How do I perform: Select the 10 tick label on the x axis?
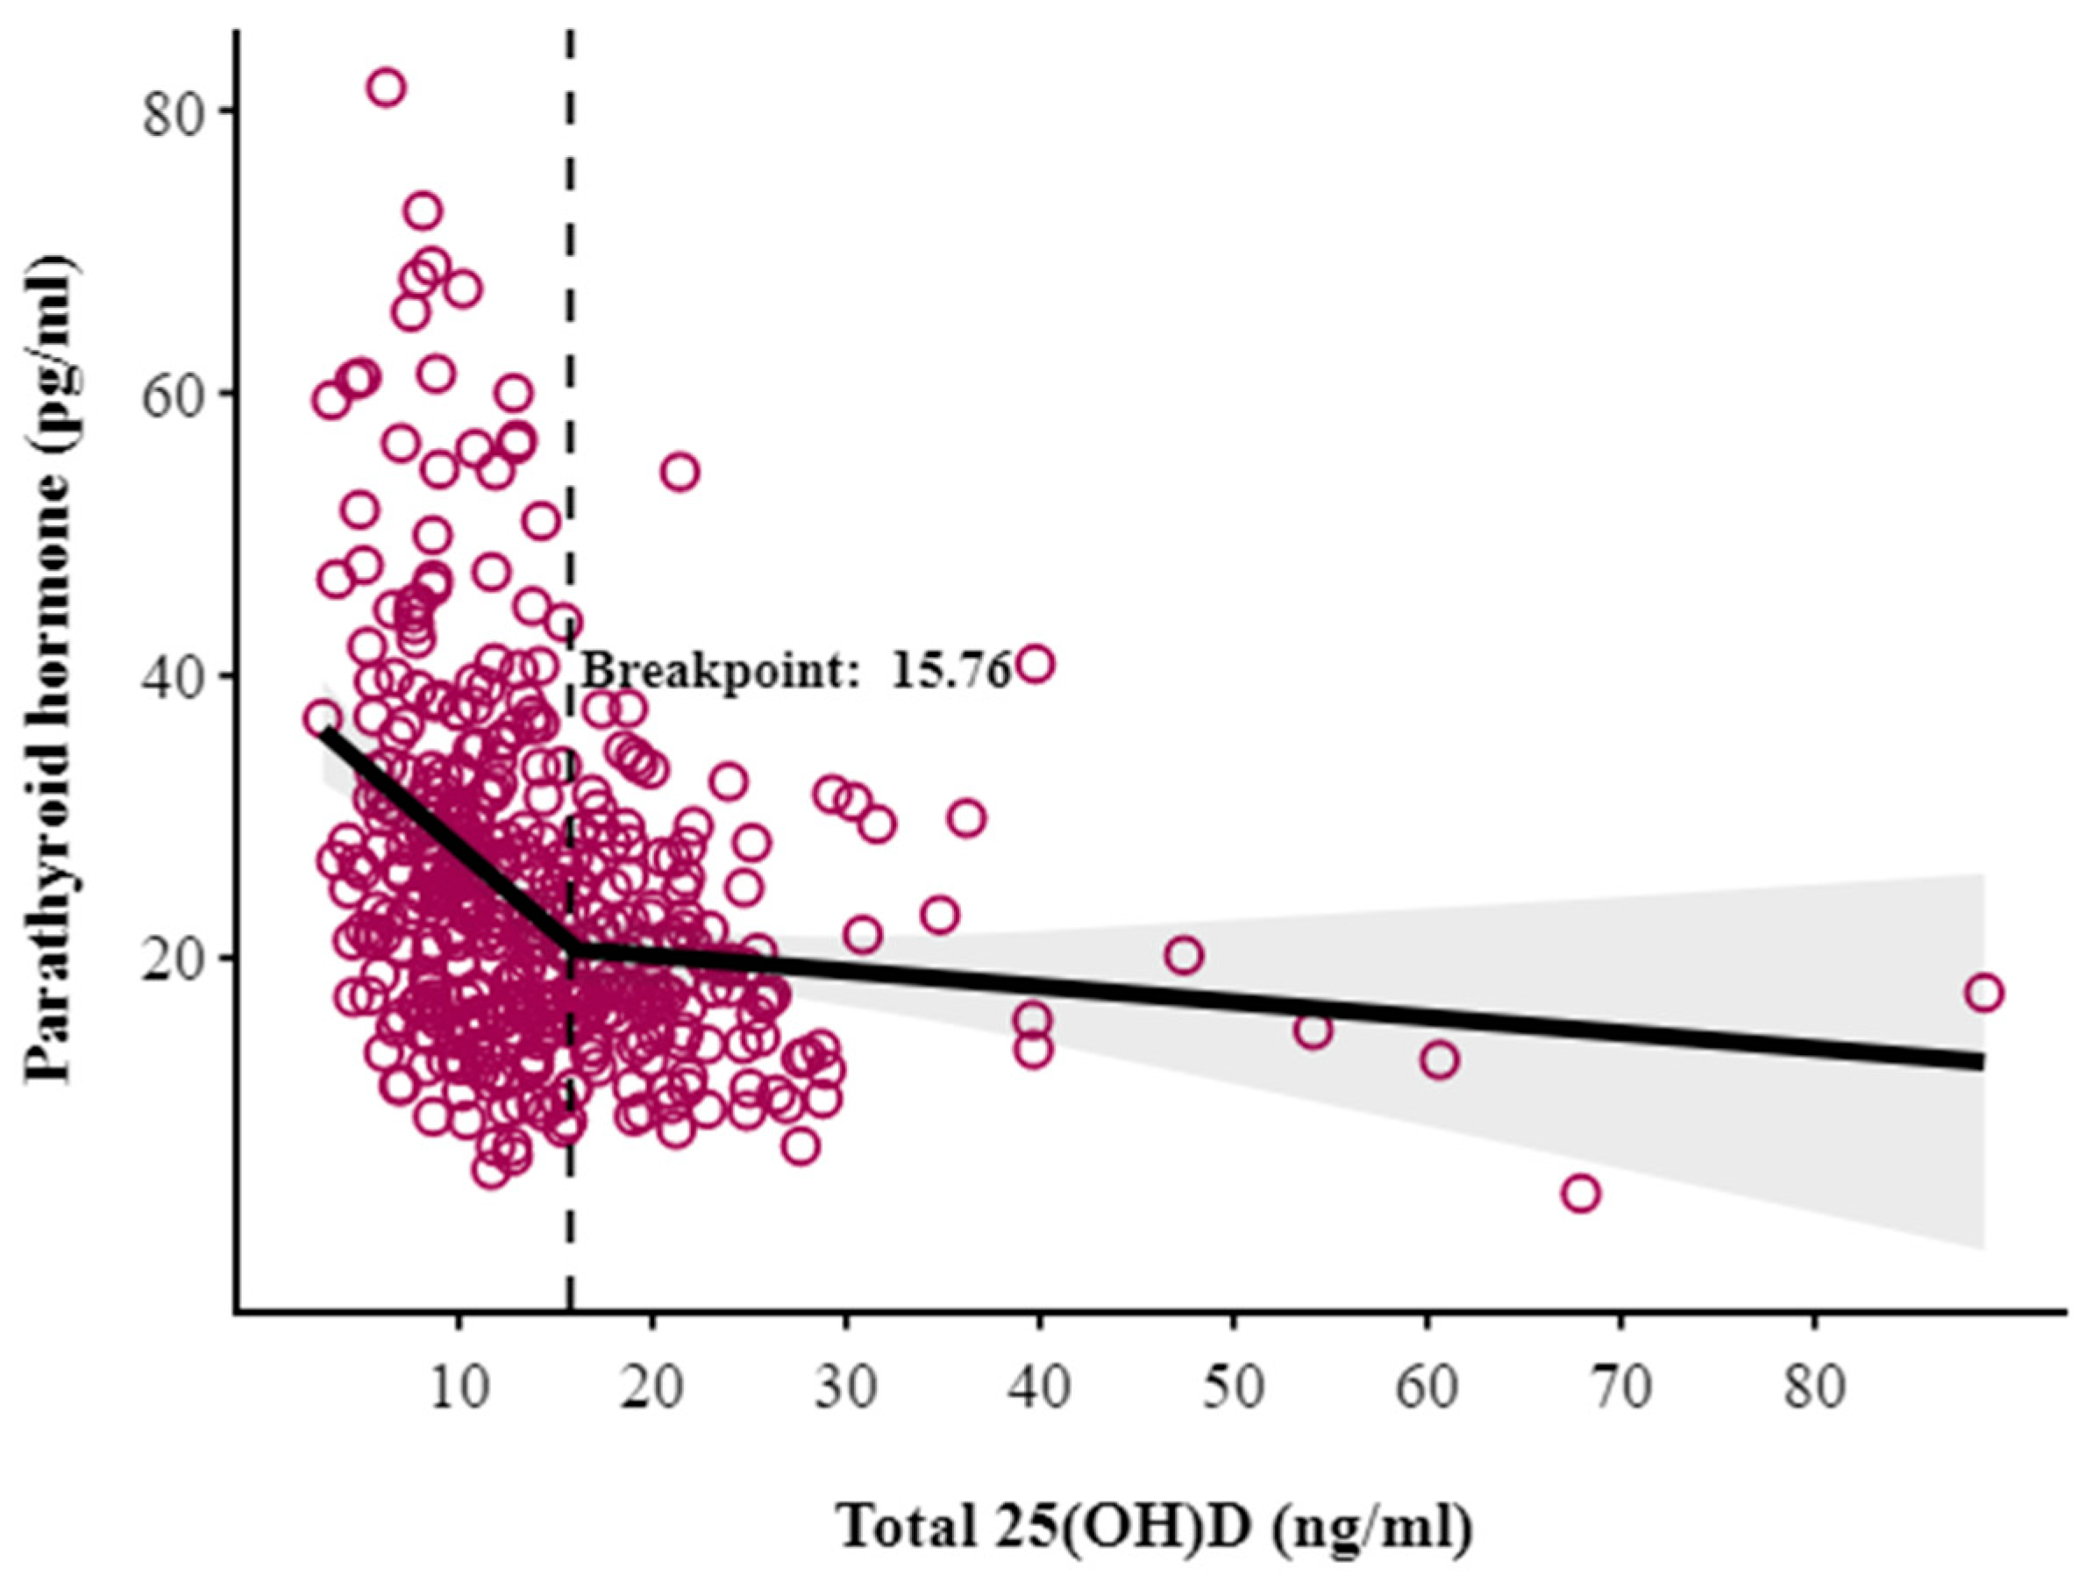tap(459, 1387)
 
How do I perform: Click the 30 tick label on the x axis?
tap(846, 1387)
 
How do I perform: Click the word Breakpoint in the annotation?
tap(716, 672)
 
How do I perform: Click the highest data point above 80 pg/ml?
tap(388, 88)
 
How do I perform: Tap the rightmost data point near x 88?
tap(1984, 993)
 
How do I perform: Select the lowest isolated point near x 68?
tap(1581, 1194)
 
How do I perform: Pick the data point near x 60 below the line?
tap(1439, 1059)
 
